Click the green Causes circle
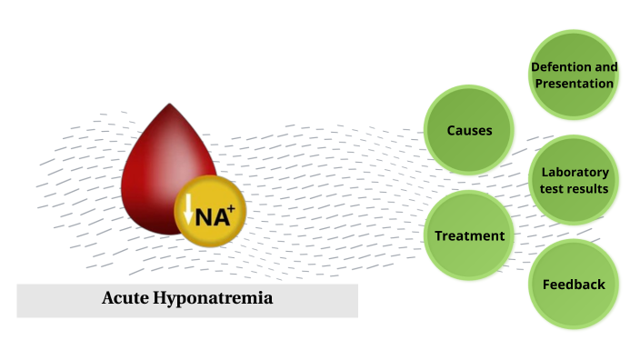(469, 130)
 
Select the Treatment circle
(469, 235)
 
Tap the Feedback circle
(574, 285)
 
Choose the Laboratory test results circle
(574, 180)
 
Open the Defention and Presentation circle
(574, 75)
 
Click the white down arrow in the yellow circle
(188, 210)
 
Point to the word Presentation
(574, 84)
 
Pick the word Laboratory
(575, 172)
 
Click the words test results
(575, 189)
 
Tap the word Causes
(469, 130)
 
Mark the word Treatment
(469, 235)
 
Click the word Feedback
(574, 285)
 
